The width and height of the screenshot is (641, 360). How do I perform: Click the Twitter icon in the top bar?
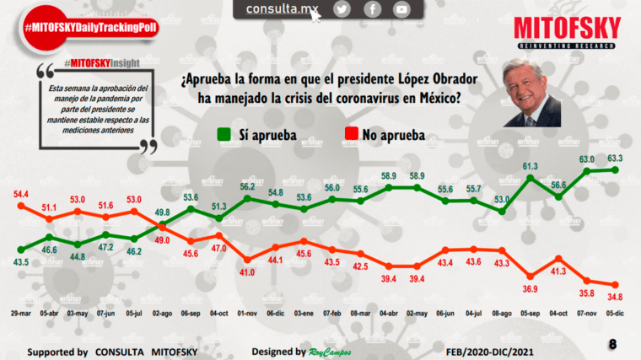pos(342,9)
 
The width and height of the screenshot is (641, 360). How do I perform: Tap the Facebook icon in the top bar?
pos(372,9)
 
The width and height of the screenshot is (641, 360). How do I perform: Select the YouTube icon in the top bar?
pos(401,9)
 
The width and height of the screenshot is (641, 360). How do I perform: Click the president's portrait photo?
pos(532,94)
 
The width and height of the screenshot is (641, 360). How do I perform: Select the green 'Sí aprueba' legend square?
pos(224,134)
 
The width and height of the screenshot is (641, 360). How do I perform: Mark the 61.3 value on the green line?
pos(530,165)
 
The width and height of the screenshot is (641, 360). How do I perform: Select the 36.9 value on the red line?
pos(530,288)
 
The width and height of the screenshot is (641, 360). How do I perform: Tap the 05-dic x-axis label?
pos(615,314)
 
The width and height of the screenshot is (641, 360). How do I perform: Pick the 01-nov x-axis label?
pos(247,314)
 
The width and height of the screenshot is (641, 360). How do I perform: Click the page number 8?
pos(612,345)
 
